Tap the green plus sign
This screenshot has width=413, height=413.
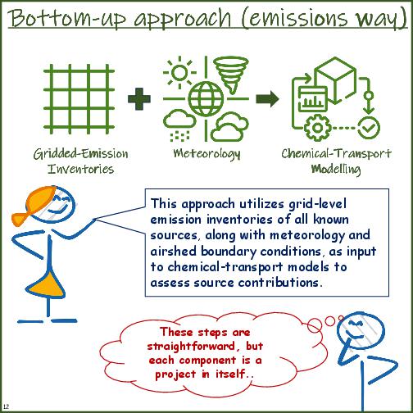click(x=140, y=100)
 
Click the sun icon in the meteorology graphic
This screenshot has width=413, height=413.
click(x=177, y=74)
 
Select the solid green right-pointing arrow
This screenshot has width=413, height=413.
click(x=267, y=100)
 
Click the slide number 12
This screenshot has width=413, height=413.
click(x=7, y=406)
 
